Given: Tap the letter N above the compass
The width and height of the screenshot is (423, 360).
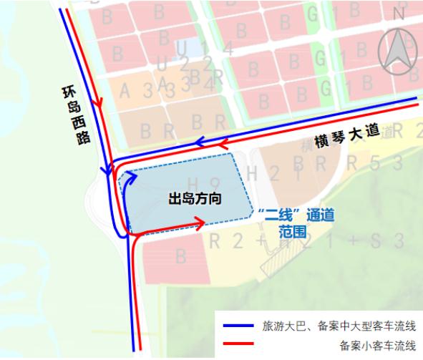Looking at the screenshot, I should (399, 12).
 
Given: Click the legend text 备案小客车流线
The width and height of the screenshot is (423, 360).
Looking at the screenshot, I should (378, 346).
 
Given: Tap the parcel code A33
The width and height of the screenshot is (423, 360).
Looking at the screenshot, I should (146, 88).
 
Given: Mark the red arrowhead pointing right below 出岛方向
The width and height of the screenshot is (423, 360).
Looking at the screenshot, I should (200, 223).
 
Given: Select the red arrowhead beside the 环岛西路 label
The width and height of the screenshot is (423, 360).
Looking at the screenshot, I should (98, 102).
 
